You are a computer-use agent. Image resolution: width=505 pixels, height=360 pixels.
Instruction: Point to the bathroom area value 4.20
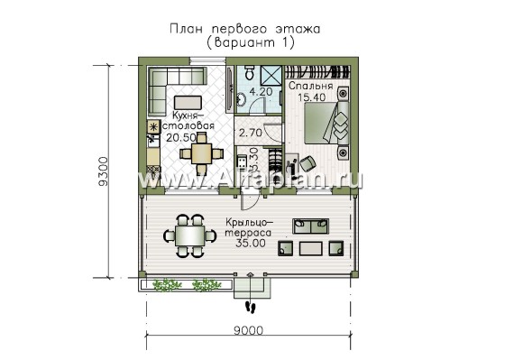(261, 91)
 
